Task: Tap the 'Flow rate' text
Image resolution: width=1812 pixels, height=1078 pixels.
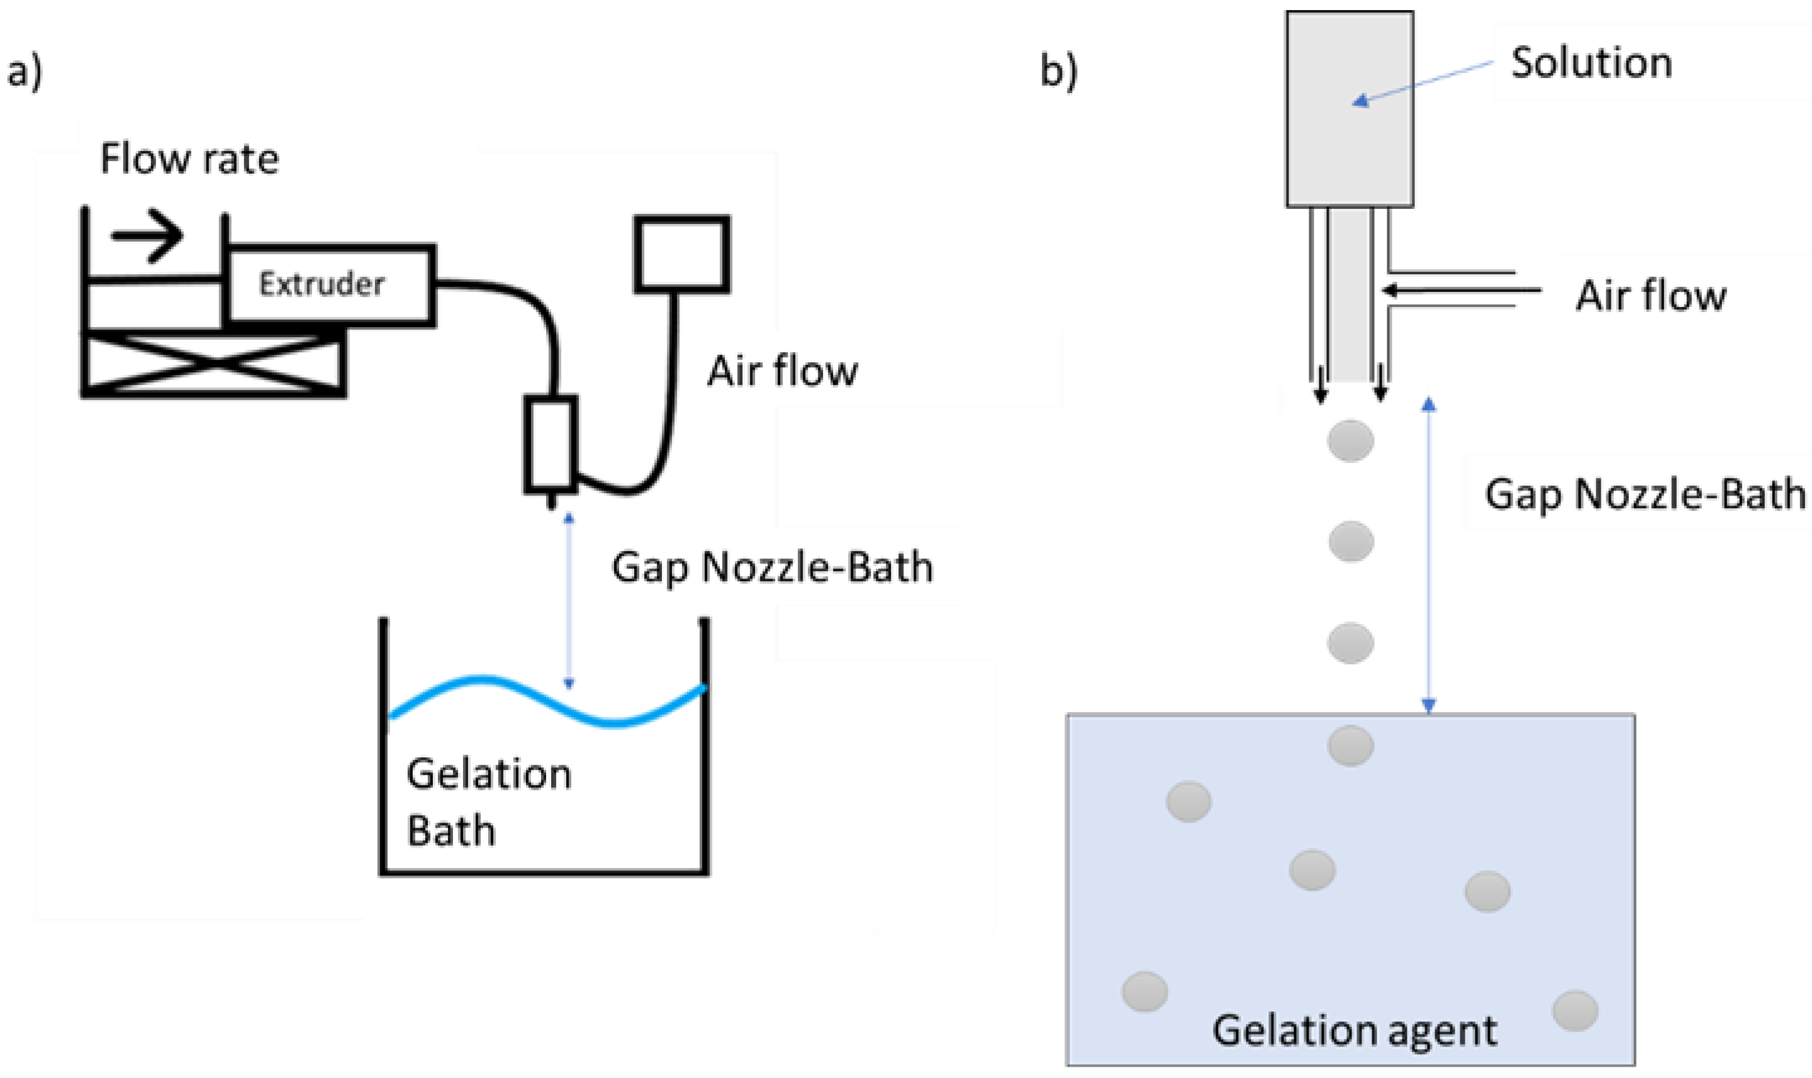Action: click(x=189, y=158)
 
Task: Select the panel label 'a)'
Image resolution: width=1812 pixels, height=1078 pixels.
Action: click(x=24, y=72)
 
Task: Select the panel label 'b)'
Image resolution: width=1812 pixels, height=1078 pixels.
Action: click(x=1059, y=72)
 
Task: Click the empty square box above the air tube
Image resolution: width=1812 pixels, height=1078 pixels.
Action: click(x=681, y=254)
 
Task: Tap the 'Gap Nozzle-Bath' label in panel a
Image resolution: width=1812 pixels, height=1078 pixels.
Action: click(x=773, y=567)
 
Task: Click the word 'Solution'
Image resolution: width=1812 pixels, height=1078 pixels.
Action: click(x=1591, y=62)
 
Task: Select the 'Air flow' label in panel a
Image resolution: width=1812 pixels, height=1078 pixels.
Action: click(x=783, y=371)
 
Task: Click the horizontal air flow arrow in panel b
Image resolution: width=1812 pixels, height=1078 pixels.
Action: click(x=1460, y=291)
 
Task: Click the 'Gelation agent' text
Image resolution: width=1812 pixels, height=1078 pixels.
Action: click(x=1354, y=1030)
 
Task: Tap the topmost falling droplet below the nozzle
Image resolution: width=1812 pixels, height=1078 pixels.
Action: click(x=1350, y=441)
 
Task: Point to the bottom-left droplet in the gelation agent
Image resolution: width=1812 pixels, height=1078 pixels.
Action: click(x=1144, y=992)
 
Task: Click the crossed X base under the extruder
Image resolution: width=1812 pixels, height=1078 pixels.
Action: click(x=213, y=363)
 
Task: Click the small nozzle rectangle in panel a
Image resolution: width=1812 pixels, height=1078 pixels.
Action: click(x=551, y=442)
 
